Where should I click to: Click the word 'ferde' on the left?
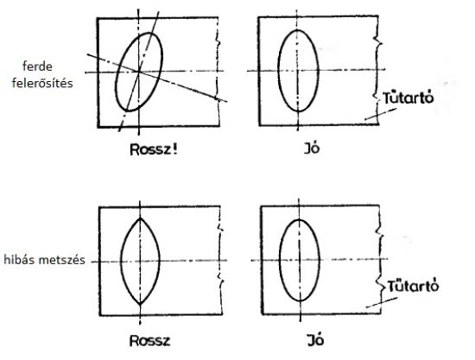pyautogui.click(x=37, y=66)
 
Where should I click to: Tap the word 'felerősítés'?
pyautogui.click(x=42, y=83)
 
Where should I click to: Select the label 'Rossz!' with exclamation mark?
pyautogui.click(x=154, y=149)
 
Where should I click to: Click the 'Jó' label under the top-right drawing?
pyautogui.click(x=312, y=148)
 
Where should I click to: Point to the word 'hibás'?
pyautogui.click(x=19, y=260)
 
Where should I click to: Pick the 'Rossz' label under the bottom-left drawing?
pyautogui.click(x=149, y=341)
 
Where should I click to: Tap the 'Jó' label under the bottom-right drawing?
pyautogui.click(x=315, y=340)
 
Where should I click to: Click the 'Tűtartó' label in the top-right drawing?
pyautogui.click(x=408, y=98)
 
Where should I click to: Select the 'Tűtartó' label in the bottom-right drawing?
pyautogui.click(x=413, y=286)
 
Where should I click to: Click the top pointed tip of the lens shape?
pyautogui.click(x=140, y=218)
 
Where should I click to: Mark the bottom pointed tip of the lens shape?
pyautogui.click(x=140, y=304)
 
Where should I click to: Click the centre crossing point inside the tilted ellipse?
pyautogui.click(x=139, y=72)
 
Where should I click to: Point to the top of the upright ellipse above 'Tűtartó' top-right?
pyautogui.click(x=298, y=30)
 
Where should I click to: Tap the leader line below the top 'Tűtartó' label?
pyautogui.click(x=380, y=115)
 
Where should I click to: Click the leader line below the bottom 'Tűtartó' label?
pyautogui.click(x=382, y=303)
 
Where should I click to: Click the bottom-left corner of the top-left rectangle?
pyautogui.click(x=98, y=127)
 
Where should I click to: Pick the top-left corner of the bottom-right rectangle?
pyautogui.click(x=262, y=206)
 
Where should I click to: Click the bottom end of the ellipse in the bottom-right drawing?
pyautogui.click(x=300, y=300)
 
